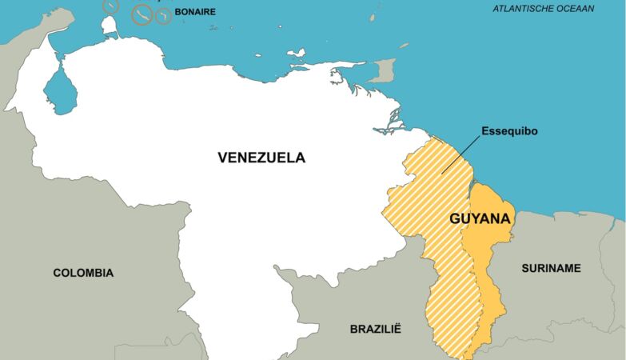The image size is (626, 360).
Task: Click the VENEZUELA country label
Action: click(x=261, y=158)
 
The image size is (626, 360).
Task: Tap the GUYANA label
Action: click(x=481, y=218)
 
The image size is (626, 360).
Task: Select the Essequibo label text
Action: click(x=508, y=130)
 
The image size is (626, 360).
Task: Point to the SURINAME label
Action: click(x=551, y=268)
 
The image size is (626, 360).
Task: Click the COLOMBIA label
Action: click(x=83, y=273)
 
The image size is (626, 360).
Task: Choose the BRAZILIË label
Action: click(x=375, y=329)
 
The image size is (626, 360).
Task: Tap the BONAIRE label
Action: click(x=195, y=12)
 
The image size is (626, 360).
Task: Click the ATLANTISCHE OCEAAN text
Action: click(x=543, y=9)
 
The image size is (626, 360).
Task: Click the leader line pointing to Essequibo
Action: click(x=461, y=155)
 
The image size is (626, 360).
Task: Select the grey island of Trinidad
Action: click(x=385, y=70)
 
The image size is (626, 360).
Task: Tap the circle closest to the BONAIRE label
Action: click(x=163, y=16)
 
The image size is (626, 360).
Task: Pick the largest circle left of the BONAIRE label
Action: click(x=142, y=14)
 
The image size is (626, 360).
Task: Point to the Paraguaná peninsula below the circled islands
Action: click(x=110, y=26)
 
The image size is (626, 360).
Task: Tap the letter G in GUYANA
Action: click(x=456, y=218)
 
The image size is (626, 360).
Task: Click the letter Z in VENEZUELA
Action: click(x=263, y=158)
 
